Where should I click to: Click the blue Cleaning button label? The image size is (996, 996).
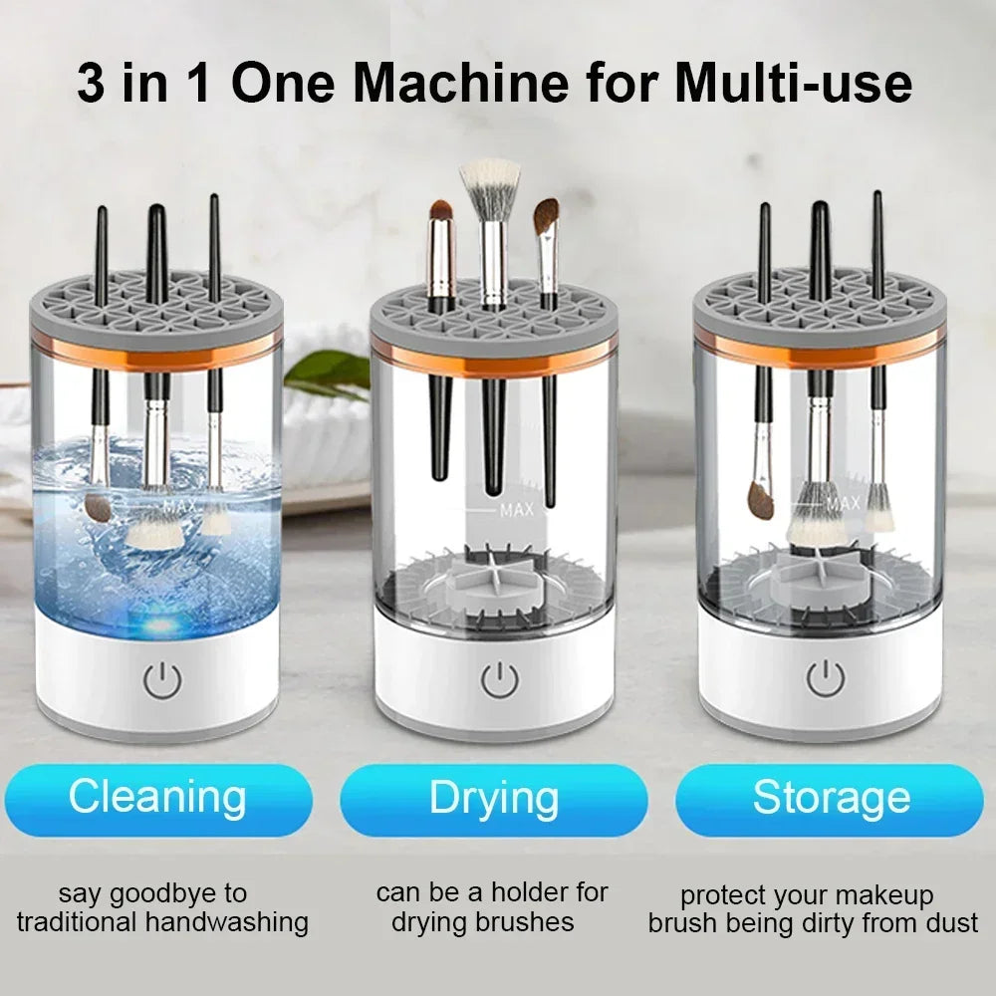(x=157, y=799)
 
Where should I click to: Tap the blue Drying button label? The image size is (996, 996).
(x=494, y=799)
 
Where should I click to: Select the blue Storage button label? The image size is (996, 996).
(x=831, y=799)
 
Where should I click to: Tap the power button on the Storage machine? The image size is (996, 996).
(x=825, y=677)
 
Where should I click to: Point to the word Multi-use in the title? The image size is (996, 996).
(x=793, y=83)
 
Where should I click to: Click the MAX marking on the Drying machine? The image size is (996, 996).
(x=517, y=511)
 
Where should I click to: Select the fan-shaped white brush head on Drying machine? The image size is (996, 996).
(x=489, y=179)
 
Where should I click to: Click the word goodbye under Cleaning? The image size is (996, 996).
(x=181, y=892)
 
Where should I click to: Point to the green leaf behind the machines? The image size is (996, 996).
(x=329, y=372)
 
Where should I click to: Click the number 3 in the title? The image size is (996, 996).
(x=92, y=83)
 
